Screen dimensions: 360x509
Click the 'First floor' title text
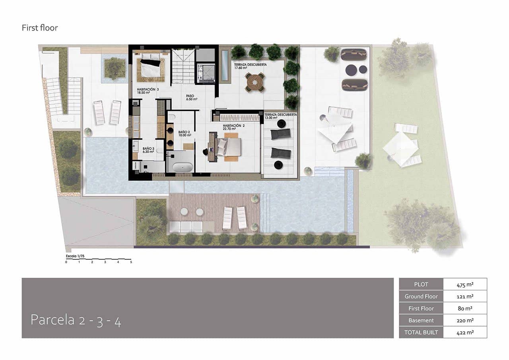coord(40,28)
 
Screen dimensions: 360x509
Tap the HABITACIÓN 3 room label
coord(148,91)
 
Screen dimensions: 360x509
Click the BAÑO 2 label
coord(185,133)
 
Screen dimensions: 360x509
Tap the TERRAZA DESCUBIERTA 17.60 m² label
coord(250,66)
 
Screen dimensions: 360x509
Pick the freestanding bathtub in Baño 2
coord(181,167)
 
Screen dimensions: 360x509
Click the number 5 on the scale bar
coord(131,262)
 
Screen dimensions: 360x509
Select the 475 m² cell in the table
coord(464,284)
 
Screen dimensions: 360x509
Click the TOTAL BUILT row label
coord(421,332)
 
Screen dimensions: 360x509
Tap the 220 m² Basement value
coord(464,320)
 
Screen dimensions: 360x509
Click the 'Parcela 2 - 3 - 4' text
coord(76,320)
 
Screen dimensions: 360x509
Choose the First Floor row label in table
coord(421,308)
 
